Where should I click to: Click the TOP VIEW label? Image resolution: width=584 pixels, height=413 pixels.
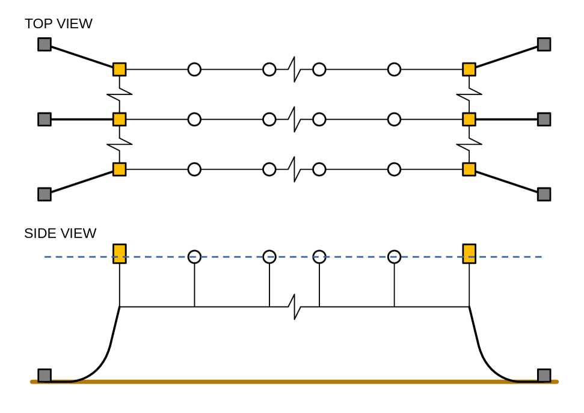[x=58, y=24]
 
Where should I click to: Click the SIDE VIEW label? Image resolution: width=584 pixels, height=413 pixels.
[x=60, y=233]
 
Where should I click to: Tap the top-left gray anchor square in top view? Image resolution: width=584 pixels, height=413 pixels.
[x=45, y=44]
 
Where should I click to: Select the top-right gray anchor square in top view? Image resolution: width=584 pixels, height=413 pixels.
[x=544, y=44]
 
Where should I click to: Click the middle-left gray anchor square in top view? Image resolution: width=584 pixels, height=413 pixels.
[x=45, y=119]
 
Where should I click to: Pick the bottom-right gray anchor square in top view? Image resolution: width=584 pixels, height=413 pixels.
[x=544, y=194]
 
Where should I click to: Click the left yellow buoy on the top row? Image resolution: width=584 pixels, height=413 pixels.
[x=120, y=69]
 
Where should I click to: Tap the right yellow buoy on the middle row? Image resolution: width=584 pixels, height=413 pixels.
[x=469, y=119]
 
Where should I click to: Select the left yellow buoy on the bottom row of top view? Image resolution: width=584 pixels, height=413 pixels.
[x=120, y=169]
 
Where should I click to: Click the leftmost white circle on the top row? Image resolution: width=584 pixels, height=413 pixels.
[x=194, y=69]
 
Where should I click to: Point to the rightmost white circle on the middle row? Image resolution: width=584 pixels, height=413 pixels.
[x=394, y=119]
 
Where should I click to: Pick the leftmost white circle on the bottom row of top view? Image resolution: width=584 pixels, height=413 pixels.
[x=194, y=169]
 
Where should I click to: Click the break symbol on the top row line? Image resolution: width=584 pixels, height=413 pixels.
[x=294, y=69]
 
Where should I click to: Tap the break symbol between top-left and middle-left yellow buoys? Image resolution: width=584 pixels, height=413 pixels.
[x=120, y=94]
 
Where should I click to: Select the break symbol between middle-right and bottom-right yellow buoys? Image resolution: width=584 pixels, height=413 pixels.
[x=469, y=144]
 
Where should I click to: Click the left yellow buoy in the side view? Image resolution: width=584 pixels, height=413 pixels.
[x=120, y=254]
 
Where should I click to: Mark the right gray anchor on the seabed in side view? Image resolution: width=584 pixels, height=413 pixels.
[x=544, y=375]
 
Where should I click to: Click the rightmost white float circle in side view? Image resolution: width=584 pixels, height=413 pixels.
[x=394, y=257]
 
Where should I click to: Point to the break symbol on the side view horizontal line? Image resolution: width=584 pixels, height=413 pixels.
[x=294, y=307]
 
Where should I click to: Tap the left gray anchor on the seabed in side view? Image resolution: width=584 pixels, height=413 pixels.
[x=45, y=375]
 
